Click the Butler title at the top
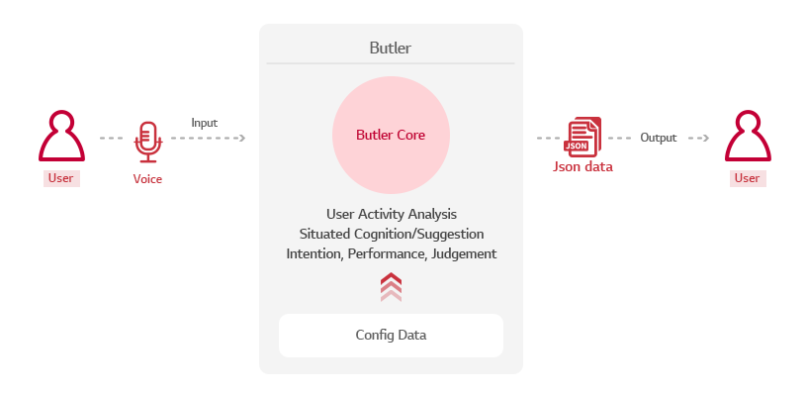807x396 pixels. tap(390, 48)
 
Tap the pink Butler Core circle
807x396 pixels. tap(392, 135)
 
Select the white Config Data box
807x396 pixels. tap(392, 336)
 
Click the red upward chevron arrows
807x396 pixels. tap(392, 287)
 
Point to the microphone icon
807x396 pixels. tap(148, 142)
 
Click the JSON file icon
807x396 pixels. tap(583, 137)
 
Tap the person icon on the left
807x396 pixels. tap(61, 136)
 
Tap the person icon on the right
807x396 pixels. tap(748, 136)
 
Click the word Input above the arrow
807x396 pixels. tap(205, 123)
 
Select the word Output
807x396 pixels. tap(659, 138)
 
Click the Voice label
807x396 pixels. tap(147, 179)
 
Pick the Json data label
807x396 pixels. tap(583, 167)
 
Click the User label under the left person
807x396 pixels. tap(60, 178)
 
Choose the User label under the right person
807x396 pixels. tap(747, 178)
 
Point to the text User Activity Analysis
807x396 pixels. tap(392, 214)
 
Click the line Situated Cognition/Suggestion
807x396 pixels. tap(392, 235)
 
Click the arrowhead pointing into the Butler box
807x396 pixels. tap(242, 138)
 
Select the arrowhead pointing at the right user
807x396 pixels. tap(706, 138)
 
